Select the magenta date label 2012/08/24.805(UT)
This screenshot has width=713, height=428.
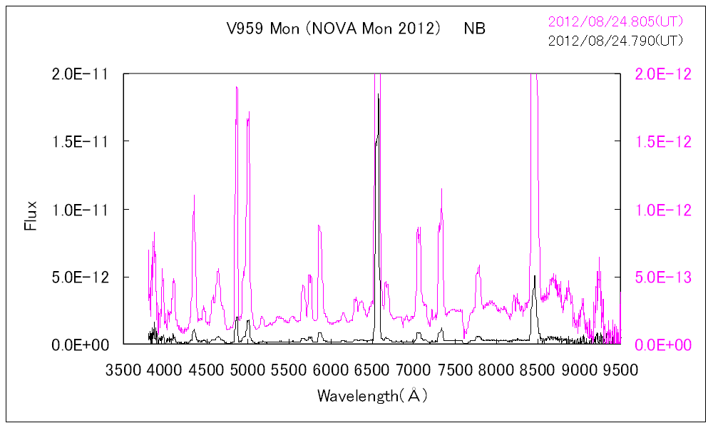pyautogui.click(x=615, y=22)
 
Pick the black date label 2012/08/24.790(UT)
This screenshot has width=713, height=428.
pyautogui.click(x=615, y=40)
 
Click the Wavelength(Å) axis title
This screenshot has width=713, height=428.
pyautogui.click(x=372, y=395)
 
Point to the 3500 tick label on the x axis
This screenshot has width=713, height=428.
pyautogui.click(x=123, y=370)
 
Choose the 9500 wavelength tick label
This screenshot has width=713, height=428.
pyautogui.click(x=621, y=370)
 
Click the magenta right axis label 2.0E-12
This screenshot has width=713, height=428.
pyautogui.click(x=663, y=74)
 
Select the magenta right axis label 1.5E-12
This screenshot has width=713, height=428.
pyautogui.click(x=663, y=141)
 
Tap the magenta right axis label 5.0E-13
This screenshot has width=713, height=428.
pyautogui.click(x=663, y=277)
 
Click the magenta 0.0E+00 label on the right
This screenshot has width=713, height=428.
pyautogui.click(x=663, y=345)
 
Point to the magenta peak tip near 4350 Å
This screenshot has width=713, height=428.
pyautogui.click(x=194, y=195)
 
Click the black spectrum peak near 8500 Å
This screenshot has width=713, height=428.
pyautogui.click(x=534, y=275)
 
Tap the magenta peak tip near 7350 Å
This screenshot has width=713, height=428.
pyautogui.click(x=441, y=189)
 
